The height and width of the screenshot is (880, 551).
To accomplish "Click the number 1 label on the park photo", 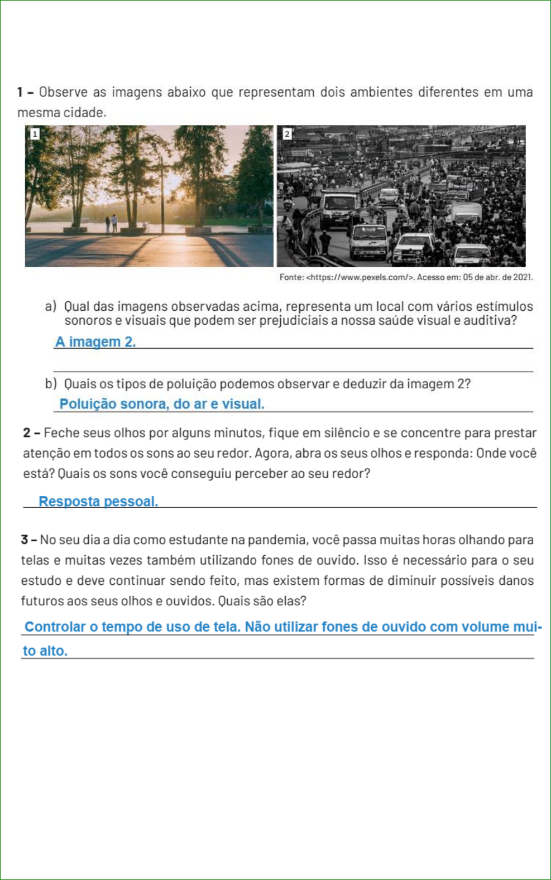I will pyautogui.click(x=35, y=133).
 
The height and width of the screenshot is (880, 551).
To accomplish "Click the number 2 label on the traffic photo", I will pyautogui.click(x=287, y=134).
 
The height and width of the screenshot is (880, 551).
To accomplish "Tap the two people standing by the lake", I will pyautogui.click(x=111, y=224).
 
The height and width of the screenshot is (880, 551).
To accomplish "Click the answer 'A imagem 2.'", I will pyautogui.click(x=95, y=342).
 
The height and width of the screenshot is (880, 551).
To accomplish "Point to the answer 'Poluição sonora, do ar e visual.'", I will pyautogui.click(x=162, y=403).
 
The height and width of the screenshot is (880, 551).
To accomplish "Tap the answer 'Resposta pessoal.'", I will pyautogui.click(x=98, y=501).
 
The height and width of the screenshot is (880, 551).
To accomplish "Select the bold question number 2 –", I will pyautogui.click(x=31, y=433).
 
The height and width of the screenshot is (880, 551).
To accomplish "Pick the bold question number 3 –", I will pyautogui.click(x=29, y=540).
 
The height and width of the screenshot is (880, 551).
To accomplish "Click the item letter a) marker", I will pyautogui.click(x=51, y=306).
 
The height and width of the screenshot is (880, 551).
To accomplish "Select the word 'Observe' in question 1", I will pyautogui.click(x=63, y=92).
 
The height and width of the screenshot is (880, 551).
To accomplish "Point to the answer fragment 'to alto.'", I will pyautogui.click(x=45, y=651).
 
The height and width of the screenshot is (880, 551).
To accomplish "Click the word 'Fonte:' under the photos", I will pyautogui.click(x=291, y=277).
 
